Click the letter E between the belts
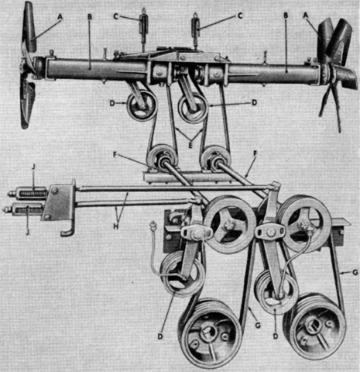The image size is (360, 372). (x=190, y=146)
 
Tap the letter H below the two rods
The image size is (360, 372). (x=116, y=226)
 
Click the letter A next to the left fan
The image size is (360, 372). (x=60, y=17)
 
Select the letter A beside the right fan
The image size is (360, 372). (x=306, y=15)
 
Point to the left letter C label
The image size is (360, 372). (x=115, y=16)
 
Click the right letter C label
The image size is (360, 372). (x=240, y=15)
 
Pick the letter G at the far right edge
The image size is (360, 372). (x=355, y=272)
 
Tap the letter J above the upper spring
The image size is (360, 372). (x=33, y=182)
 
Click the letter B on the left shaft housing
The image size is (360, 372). (x=90, y=17)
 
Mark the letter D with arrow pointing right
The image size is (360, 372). (x=111, y=103)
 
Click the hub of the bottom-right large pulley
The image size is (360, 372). (x=314, y=327)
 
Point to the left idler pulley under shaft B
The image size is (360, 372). (x=141, y=106)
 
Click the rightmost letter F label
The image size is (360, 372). (x=255, y=153)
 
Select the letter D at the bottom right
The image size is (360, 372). (x=276, y=336)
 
